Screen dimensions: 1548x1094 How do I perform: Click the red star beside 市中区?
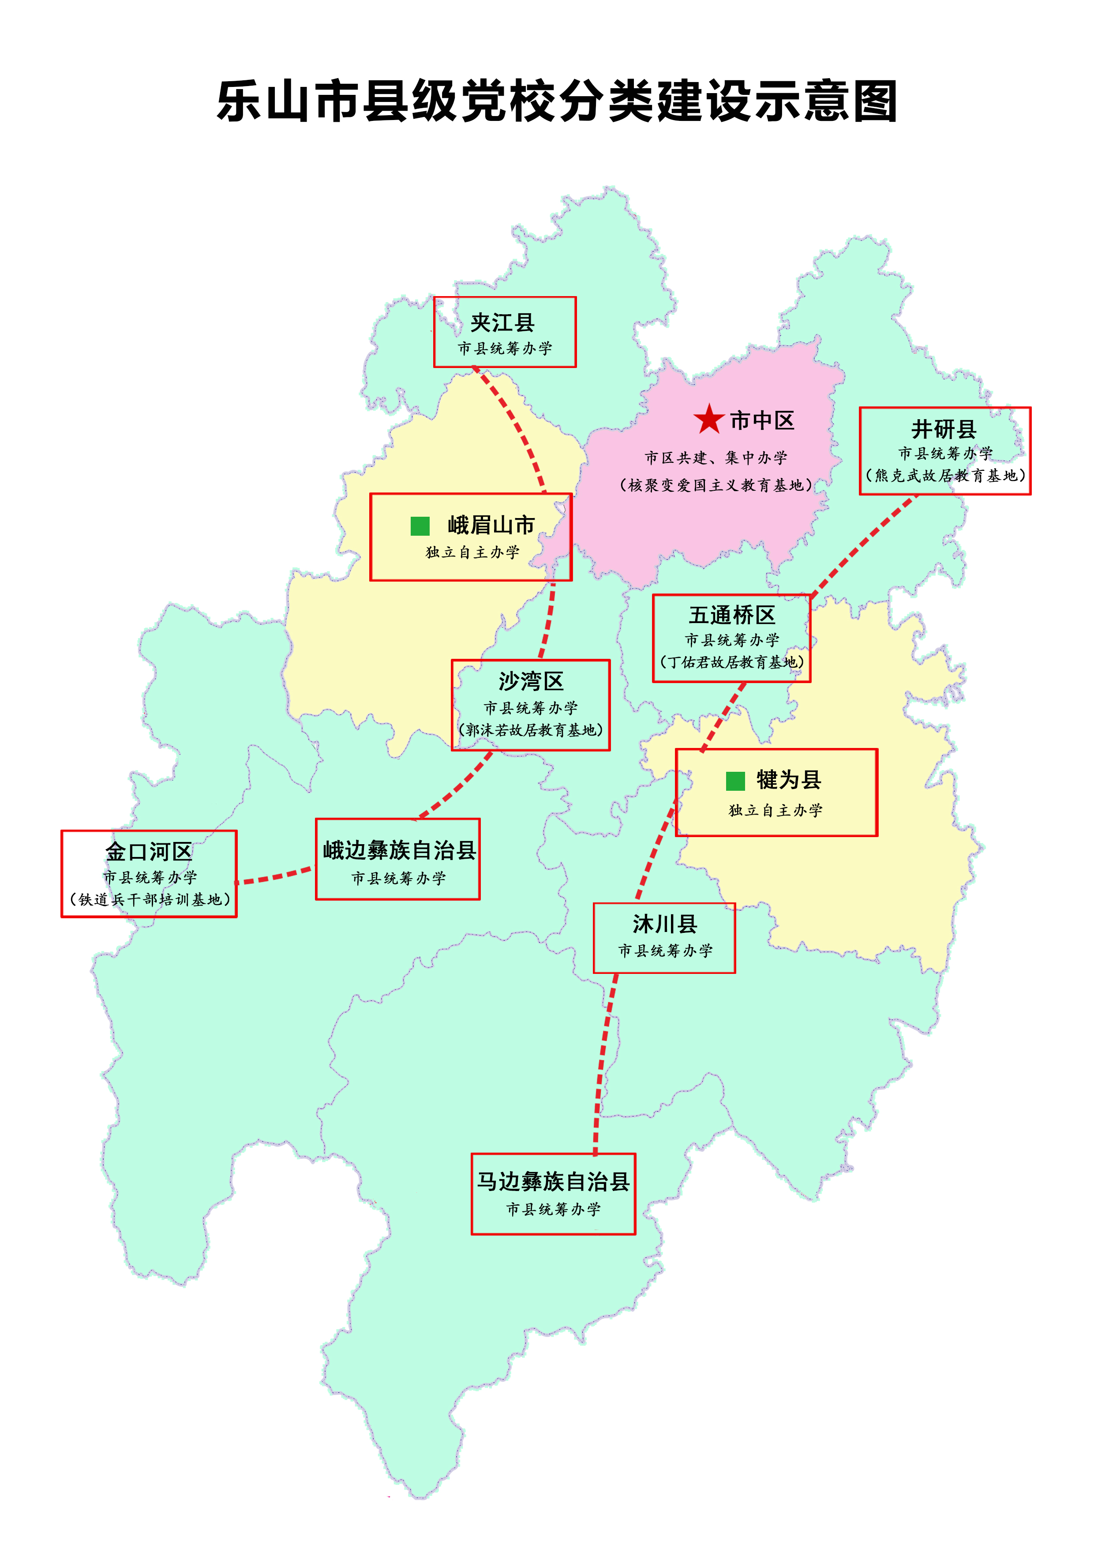point(708,420)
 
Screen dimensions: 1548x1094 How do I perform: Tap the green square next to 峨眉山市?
point(420,526)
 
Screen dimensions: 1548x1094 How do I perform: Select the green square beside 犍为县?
point(735,781)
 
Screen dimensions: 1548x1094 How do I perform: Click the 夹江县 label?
point(503,323)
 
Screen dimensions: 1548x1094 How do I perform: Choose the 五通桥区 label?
point(732,615)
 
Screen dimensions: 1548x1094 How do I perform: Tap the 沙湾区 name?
point(531,682)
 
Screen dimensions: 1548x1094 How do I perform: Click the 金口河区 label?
point(149,852)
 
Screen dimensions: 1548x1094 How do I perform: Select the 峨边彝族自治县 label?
point(399,850)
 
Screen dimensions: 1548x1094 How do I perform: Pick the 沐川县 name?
point(665,924)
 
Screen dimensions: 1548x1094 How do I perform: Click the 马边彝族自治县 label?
point(554,1181)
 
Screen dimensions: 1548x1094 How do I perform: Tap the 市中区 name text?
point(762,421)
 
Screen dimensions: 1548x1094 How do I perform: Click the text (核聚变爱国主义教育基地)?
point(716,485)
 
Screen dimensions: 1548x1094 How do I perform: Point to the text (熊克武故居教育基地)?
point(946,476)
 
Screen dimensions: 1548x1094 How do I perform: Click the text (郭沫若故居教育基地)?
point(531,730)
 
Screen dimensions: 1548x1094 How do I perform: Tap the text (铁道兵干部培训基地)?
point(150,899)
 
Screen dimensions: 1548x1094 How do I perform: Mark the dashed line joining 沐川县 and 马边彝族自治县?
point(602,1065)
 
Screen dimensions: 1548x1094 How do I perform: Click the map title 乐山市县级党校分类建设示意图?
point(557,101)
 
